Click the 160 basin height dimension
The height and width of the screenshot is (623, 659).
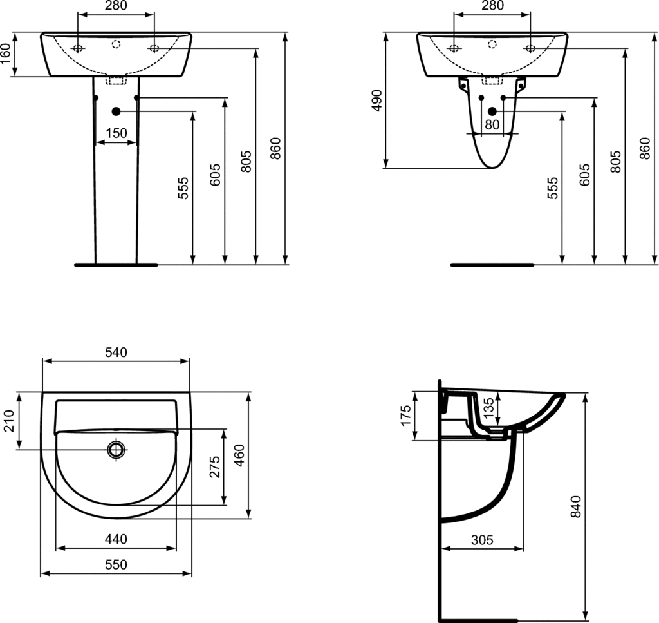(6, 54)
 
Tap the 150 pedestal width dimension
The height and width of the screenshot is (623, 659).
(116, 133)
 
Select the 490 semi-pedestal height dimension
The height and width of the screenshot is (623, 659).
(377, 100)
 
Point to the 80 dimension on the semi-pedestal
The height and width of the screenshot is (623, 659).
(492, 124)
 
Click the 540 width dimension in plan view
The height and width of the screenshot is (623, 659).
(116, 352)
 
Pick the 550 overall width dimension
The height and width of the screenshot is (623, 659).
(116, 564)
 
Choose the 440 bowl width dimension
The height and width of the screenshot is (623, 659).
(116, 539)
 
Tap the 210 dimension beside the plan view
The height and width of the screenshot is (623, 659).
(9, 420)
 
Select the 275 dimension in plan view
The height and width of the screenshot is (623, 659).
(214, 466)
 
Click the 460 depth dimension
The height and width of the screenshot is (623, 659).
(239, 455)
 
